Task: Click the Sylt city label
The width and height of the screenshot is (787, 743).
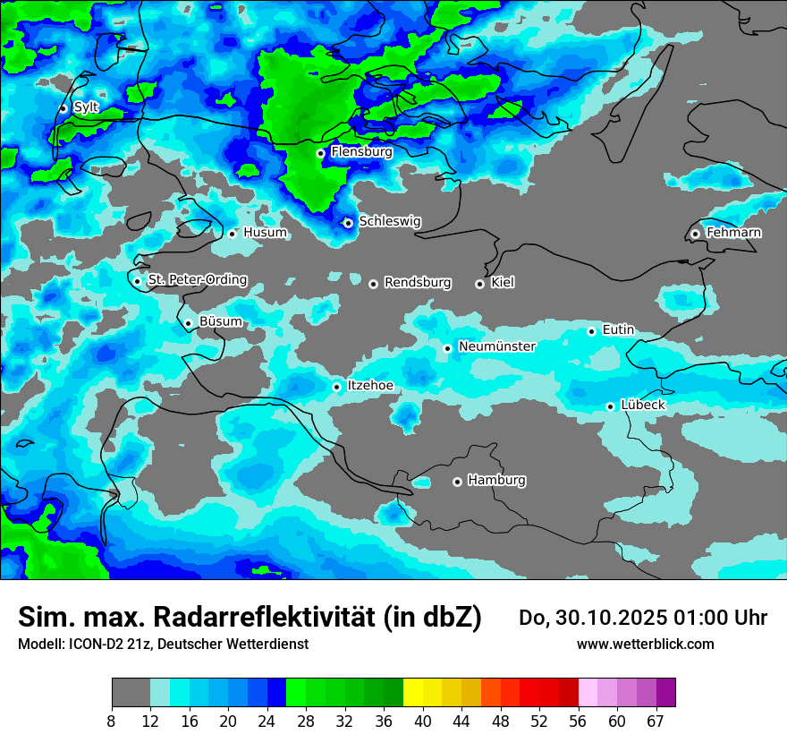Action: tap(86, 107)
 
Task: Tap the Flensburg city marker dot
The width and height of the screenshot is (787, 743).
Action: tap(320, 153)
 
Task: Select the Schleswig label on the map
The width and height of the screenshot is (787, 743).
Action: tap(390, 221)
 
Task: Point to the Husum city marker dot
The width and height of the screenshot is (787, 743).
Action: tap(232, 234)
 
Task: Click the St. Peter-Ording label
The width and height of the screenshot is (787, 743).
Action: tap(198, 280)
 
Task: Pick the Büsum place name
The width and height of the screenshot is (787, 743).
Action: tap(221, 321)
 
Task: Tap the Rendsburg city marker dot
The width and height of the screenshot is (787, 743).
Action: tap(373, 284)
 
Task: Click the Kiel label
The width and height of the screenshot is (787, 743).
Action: tap(503, 283)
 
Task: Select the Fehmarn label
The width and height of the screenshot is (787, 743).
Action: tap(734, 233)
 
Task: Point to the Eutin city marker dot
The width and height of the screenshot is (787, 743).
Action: tap(591, 331)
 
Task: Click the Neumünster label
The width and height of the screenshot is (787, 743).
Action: tap(497, 346)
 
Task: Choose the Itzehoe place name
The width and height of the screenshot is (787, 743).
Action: tap(370, 386)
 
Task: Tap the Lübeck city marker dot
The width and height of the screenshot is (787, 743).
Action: tap(610, 406)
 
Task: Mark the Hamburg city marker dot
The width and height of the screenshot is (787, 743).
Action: tap(457, 482)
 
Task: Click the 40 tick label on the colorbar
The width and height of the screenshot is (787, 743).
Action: tap(423, 721)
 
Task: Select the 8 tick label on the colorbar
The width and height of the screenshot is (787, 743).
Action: tap(112, 721)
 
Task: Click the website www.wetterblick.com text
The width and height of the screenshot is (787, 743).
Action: tap(645, 644)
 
